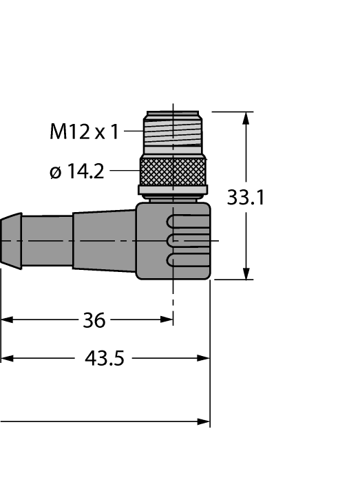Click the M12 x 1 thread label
click(x=84, y=131)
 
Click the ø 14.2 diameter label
click(x=77, y=171)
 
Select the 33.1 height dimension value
click(x=246, y=198)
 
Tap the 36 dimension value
click(x=94, y=320)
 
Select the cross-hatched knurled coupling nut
click(x=173, y=170)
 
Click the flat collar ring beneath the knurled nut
click(x=173, y=190)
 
